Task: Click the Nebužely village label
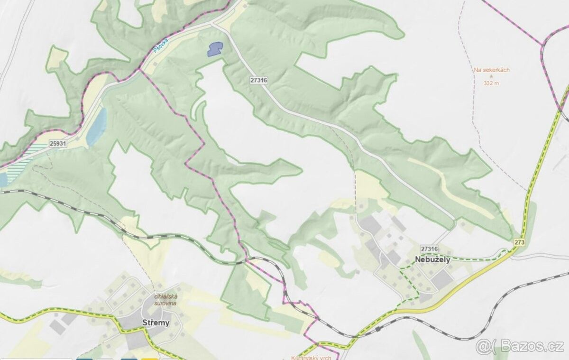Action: point(432,259)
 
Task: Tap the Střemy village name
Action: point(156,323)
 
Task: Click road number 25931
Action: point(57,143)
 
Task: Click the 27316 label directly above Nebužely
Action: point(429,249)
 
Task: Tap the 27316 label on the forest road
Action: point(258,81)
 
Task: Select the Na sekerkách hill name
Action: point(492,70)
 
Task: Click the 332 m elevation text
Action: point(491,83)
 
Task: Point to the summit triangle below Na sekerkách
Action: point(491,76)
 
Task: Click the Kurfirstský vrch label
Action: point(312,357)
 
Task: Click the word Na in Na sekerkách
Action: point(477,70)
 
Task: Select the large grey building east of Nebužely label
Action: point(442,280)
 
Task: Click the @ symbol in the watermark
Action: point(483,347)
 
